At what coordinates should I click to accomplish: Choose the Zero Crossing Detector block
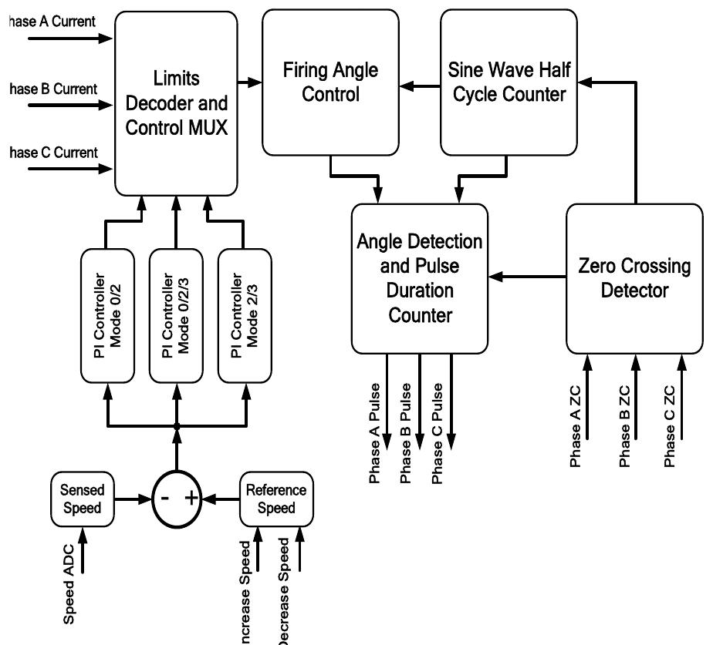(x=634, y=277)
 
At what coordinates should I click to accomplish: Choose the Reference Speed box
(x=275, y=499)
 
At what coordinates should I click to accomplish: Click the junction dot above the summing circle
(x=177, y=425)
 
